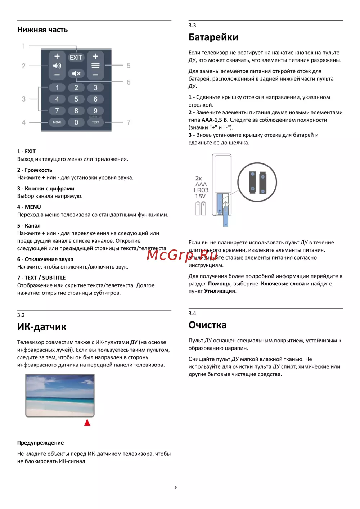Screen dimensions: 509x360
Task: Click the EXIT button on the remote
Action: tap(76, 58)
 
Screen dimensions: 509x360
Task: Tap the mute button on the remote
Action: tap(76, 74)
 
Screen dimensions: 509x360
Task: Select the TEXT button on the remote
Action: tap(95, 122)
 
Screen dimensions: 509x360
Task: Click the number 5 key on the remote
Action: tap(76, 99)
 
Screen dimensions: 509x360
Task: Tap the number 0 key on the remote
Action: tap(76, 122)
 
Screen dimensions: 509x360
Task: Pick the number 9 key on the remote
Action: tap(95, 111)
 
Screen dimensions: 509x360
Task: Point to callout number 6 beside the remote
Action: tap(129, 82)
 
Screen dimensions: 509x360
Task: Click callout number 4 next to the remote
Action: tap(24, 122)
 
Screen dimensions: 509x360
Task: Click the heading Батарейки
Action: tap(213, 37)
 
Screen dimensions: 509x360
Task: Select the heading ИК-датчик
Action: tap(42, 327)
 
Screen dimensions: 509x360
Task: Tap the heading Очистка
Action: tap(207, 325)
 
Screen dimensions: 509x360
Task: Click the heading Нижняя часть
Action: tap(42, 30)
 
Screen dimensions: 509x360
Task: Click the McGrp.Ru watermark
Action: tap(182, 254)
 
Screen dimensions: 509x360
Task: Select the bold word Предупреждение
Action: tap(40, 443)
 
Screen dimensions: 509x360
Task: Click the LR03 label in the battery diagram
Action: tap(201, 190)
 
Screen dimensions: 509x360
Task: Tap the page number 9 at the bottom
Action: tap(176, 488)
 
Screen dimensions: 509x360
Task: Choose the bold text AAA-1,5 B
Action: tap(214, 120)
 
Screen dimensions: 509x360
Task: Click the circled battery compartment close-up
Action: tap(257, 182)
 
